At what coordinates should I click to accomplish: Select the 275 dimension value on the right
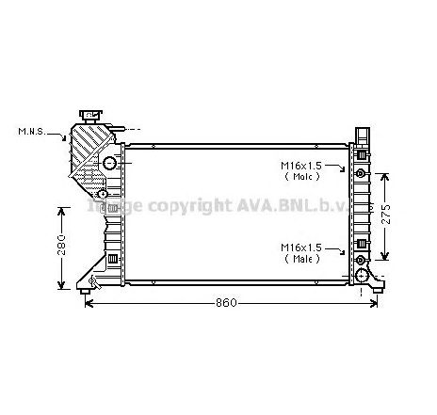click(399, 215)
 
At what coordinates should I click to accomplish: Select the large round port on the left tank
click(109, 165)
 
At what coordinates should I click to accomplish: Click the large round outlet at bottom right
click(363, 275)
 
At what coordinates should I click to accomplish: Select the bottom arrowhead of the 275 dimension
click(385, 259)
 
